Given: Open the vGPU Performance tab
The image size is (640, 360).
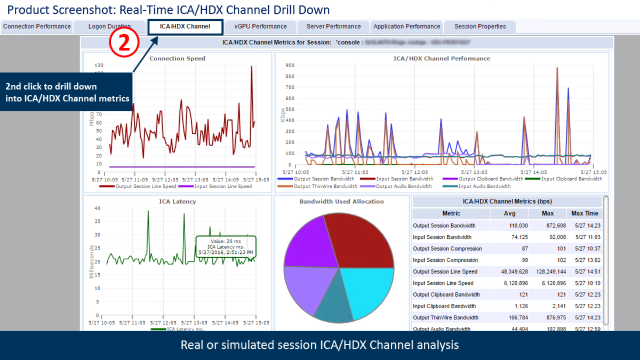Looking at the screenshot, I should tap(260, 27).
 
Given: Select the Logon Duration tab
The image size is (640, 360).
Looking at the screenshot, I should tap(109, 27).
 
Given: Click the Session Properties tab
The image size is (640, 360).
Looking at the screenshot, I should tap(480, 27).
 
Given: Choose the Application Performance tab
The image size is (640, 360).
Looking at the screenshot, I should tap(407, 27).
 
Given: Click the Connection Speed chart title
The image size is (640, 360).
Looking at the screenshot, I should tap(177, 59).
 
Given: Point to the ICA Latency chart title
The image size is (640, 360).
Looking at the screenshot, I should tap(177, 202).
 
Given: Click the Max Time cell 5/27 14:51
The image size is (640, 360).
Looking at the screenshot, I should tap(586, 272).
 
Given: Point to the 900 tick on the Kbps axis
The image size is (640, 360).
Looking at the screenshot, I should tap(289, 66).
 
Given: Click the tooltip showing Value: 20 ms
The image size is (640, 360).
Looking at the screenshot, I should tap(226, 246).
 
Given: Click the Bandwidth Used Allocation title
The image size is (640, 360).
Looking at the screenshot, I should tap(341, 202).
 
